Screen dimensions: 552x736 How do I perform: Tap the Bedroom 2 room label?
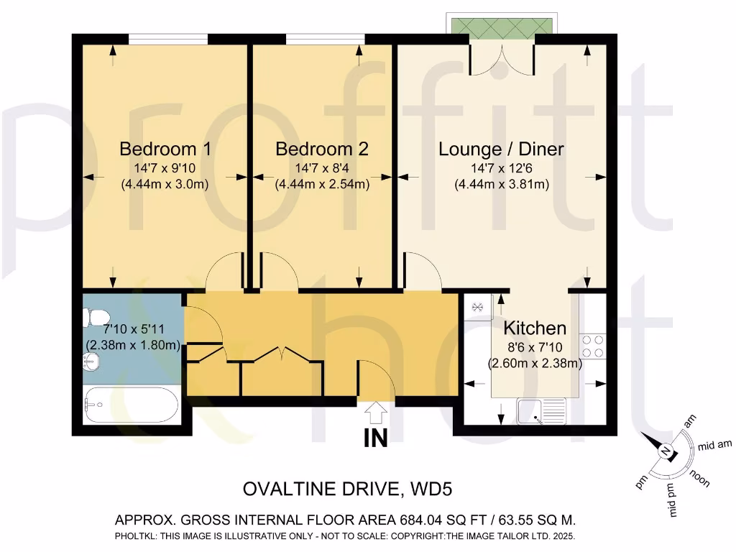[322, 149]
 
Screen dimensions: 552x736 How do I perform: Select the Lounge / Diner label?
[501, 149]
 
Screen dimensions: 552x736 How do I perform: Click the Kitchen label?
[535, 328]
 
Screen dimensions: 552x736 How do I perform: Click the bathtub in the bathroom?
[132, 406]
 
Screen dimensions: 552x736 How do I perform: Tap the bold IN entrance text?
[375, 438]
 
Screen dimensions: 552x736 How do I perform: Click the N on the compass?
[666, 451]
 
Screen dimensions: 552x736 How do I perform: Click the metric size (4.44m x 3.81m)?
[501, 184]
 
